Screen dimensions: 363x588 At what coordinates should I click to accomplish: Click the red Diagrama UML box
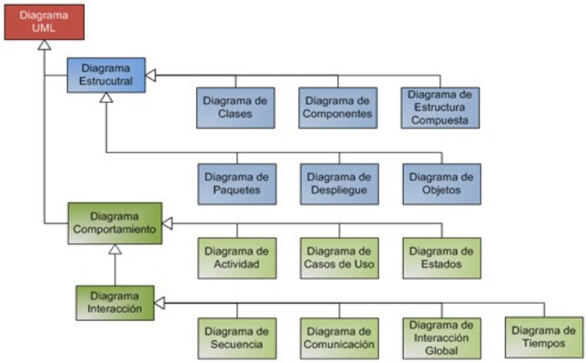(x=44, y=21)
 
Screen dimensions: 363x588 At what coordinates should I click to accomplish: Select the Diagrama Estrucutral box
(x=106, y=75)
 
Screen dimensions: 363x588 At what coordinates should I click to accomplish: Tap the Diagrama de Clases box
(x=235, y=107)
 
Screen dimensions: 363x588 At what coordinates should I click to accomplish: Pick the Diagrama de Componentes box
(x=338, y=107)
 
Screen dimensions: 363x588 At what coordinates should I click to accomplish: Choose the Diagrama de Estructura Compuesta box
(x=440, y=107)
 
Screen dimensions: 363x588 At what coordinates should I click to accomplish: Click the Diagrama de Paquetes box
(x=236, y=183)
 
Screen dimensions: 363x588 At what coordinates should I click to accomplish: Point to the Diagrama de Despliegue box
(x=339, y=183)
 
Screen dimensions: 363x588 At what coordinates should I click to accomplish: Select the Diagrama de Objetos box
(x=441, y=183)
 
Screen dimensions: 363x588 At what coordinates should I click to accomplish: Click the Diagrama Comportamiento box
(x=114, y=223)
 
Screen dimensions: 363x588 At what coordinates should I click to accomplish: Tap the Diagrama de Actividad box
(x=237, y=257)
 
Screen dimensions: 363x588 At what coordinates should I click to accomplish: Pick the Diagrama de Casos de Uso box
(x=339, y=257)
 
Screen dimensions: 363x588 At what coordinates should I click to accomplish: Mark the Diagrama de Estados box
(x=441, y=257)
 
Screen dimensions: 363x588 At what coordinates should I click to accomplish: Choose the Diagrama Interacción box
(x=114, y=302)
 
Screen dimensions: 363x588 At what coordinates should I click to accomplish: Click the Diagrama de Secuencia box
(x=237, y=338)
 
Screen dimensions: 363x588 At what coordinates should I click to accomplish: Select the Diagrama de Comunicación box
(x=339, y=338)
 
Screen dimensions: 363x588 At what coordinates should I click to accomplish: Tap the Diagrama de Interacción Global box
(x=441, y=338)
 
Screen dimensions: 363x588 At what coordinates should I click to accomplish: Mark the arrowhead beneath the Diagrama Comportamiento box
(x=115, y=250)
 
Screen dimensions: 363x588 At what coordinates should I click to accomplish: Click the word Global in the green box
(x=441, y=350)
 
